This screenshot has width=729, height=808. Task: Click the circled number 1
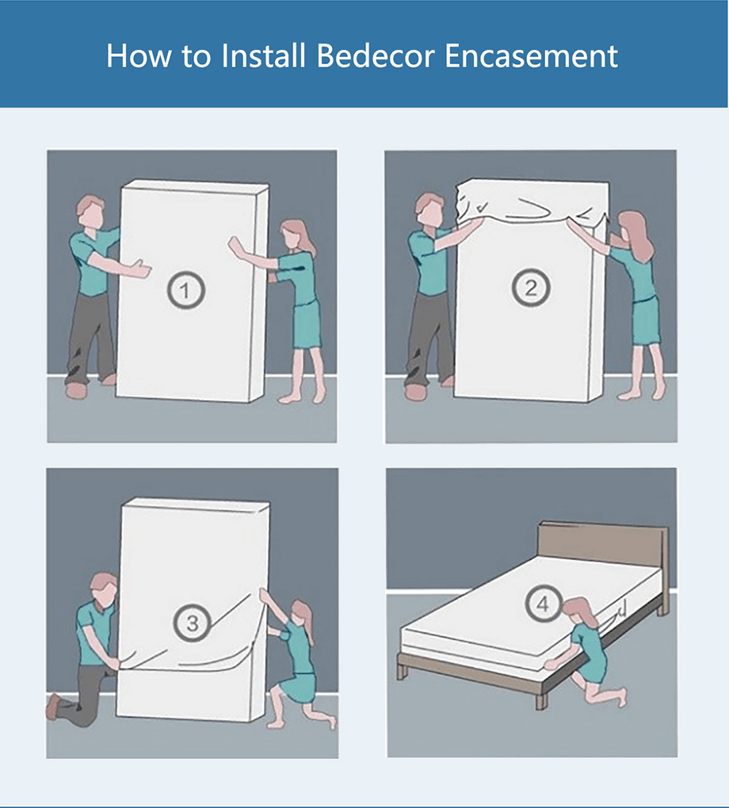pyautogui.click(x=185, y=290)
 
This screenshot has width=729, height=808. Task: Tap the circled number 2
pyautogui.click(x=531, y=287)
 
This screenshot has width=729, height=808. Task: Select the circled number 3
pyautogui.click(x=193, y=623)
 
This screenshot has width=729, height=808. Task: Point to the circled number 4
pyautogui.click(x=544, y=603)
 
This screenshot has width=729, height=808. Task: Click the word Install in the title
pyautogui.click(x=263, y=55)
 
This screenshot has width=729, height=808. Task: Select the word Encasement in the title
pyautogui.click(x=531, y=55)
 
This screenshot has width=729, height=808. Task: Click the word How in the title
pyautogui.click(x=138, y=55)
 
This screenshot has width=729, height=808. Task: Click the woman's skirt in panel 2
pyautogui.click(x=646, y=322)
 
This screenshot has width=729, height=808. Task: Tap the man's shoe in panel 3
pyautogui.click(x=54, y=707)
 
